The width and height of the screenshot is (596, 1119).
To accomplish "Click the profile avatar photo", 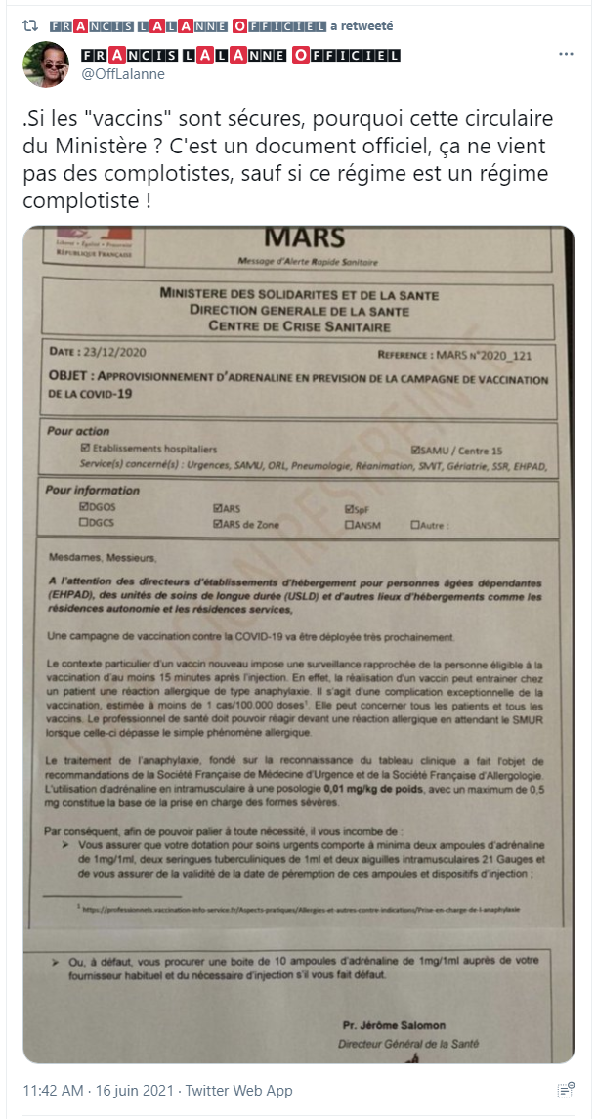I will pyautogui.click(x=46, y=65).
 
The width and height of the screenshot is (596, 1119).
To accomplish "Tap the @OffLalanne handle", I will pyautogui.click(x=122, y=74).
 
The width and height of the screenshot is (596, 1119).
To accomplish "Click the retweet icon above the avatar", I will pyautogui.click(x=30, y=23).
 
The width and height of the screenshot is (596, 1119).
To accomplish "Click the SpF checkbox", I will pyautogui.click(x=349, y=509).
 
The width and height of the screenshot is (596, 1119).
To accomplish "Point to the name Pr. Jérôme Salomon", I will pyautogui.click(x=396, y=1025).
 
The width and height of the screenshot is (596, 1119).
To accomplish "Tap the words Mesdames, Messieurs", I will pyautogui.click(x=102, y=558).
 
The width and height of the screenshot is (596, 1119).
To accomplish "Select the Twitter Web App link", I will pyautogui.click(x=239, y=1091).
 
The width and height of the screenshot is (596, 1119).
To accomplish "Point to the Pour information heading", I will pyautogui.click(x=93, y=490).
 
